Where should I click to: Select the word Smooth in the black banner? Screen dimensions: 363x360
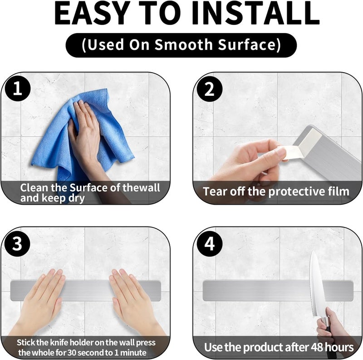point(183,44)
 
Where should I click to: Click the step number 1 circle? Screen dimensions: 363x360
point(17,88)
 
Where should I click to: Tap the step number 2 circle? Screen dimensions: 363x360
point(210,89)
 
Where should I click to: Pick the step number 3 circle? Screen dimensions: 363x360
point(17,243)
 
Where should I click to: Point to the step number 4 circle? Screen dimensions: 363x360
point(210,244)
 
